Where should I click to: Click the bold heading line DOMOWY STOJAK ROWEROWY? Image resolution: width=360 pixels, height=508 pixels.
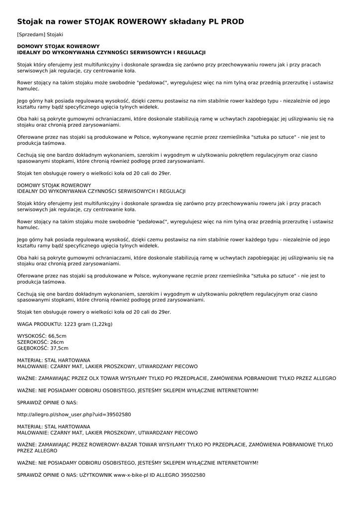[59, 46]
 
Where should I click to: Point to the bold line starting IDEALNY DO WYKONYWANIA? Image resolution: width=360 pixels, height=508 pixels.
[111, 52]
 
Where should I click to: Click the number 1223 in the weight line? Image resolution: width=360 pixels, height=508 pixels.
[71, 324]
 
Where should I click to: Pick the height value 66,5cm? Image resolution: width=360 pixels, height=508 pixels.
[56, 336]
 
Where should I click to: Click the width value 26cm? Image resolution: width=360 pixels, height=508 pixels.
[57, 342]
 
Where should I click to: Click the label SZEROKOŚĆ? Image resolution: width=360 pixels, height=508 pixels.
[32, 342]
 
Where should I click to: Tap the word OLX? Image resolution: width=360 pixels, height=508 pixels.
[96, 378]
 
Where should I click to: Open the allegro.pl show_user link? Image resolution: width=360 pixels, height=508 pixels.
[74, 414]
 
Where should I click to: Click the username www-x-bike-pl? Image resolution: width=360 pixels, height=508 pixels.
[131, 475]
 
